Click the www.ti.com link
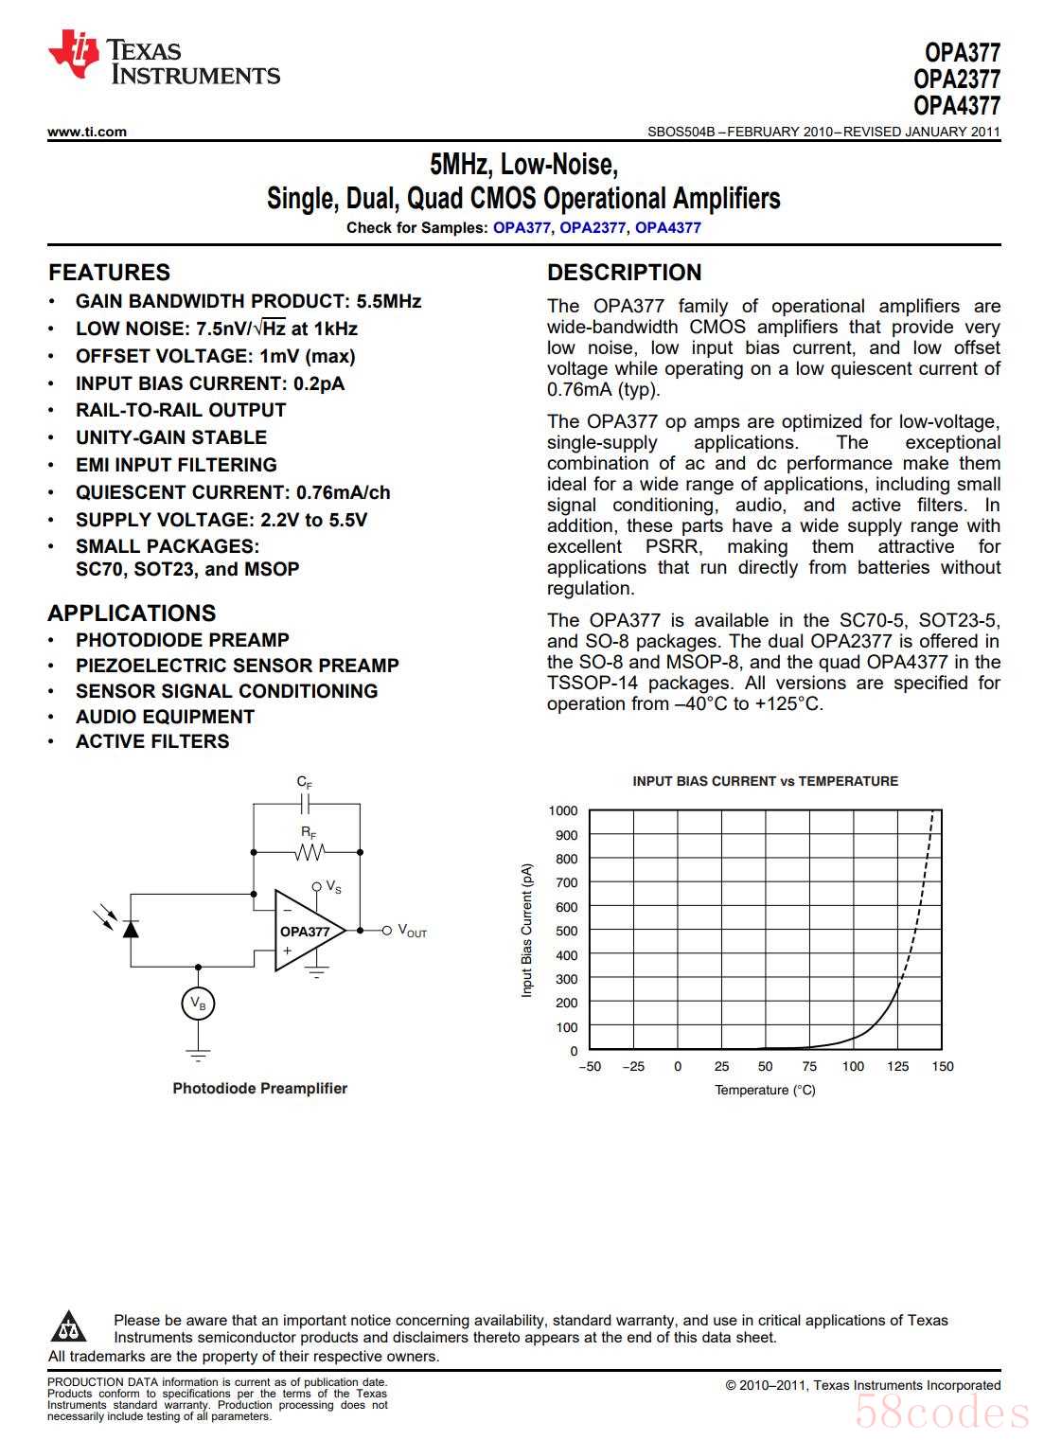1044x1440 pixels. pos(86,133)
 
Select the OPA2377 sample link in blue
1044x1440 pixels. pos(592,228)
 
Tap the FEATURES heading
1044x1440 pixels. pos(109,273)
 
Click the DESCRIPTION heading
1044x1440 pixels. pos(624,273)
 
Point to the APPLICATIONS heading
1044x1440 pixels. pos(132,613)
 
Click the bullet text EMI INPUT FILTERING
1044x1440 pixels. pos(176,465)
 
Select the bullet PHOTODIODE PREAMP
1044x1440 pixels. pos(182,640)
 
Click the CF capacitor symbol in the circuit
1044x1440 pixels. pos(305,805)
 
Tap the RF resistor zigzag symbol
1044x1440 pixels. pos(309,853)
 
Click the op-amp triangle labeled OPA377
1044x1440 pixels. pos(305,932)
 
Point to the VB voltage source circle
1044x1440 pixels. pos(198,1004)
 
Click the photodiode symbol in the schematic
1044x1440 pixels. pos(131,927)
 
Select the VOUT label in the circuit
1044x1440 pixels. pos(412,932)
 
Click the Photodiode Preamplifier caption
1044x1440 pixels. pos(259,1089)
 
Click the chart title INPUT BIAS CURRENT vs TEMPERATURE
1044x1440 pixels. pos(765,782)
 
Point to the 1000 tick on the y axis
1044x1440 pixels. pos(562,811)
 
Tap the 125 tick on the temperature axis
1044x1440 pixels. pos(897,1067)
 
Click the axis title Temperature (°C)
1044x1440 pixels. pos(765,1091)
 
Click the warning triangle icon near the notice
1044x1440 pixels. pos(68,1327)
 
